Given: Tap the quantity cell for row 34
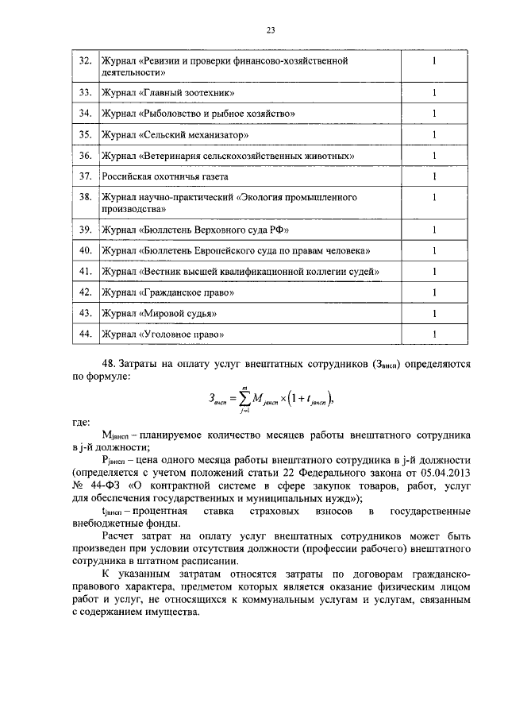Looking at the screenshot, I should point(434,114).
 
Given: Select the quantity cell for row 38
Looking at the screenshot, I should point(434,196).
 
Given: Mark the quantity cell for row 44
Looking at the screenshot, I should point(434,334).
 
